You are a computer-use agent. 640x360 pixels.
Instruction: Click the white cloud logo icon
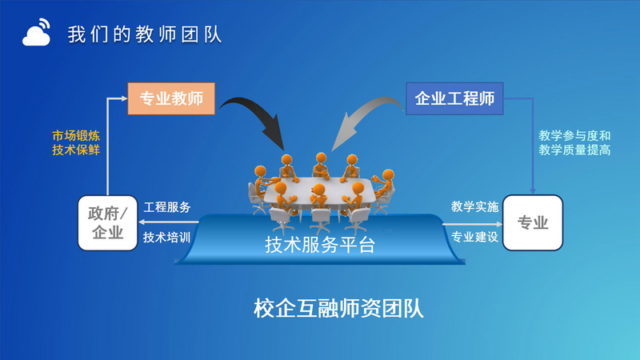(x=36, y=33)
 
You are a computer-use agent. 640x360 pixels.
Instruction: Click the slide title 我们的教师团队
(x=145, y=34)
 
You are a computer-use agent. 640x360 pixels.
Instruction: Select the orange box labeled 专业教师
(x=171, y=98)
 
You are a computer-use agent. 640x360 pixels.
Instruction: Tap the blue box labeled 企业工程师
(x=454, y=98)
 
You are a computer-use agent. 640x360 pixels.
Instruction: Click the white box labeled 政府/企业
(x=108, y=223)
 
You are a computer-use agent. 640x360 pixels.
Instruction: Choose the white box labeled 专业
(x=533, y=223)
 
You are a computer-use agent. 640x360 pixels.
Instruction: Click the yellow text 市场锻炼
(x=76, y=135)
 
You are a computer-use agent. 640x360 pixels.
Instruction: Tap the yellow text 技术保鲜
(x=76, y=150)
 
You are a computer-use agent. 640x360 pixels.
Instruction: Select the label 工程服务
(x=167, y=207)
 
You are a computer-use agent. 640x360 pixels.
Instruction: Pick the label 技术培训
(x=167, y=237)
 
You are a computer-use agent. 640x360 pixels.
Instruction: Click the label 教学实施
(x=474, y=206)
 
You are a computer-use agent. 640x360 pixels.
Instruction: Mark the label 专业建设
(x=474, y=237)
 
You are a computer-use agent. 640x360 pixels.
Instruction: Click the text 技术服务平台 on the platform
(x=320, y=245)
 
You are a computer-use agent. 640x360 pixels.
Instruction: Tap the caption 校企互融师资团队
(x=338, y=308)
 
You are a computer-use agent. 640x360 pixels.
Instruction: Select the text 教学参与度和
(x=574, y=135)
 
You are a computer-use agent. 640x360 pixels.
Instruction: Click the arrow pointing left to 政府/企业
(x=169, y=222)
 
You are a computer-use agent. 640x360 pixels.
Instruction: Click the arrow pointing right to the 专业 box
(x=472, y=224)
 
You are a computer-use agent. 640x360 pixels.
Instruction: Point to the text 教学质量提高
(x=574, y=150)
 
